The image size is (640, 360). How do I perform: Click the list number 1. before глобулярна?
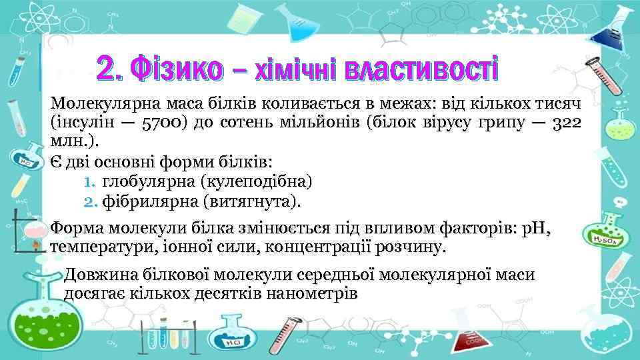pyautogui.click(x=91, y=181)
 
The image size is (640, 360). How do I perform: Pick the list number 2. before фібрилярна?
pyautogui.click(x=91, y=200)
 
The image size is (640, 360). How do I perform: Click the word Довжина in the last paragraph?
pyautogui.click(x=98, y=275)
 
